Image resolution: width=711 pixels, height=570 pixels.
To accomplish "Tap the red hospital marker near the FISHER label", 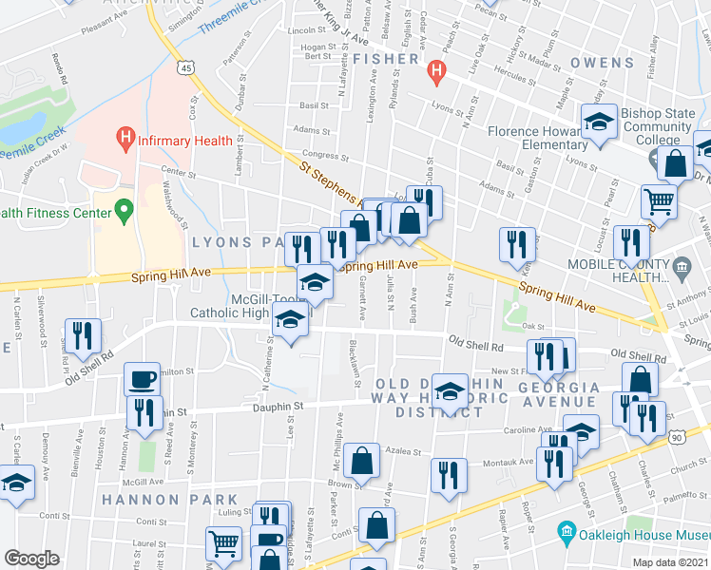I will [436, 69].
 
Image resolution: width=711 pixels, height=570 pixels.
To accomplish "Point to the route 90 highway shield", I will [701, 435].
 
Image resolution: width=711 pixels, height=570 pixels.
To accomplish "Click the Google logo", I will [31, 559].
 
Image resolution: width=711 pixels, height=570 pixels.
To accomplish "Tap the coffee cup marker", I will [142, 379].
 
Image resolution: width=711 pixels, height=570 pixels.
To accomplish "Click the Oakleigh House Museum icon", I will [567, 530].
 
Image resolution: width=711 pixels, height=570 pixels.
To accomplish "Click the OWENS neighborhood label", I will [602, 63].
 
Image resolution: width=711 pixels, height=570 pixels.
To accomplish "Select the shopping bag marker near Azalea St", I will [363, 462].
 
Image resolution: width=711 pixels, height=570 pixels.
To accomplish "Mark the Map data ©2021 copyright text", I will [670, 562].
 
